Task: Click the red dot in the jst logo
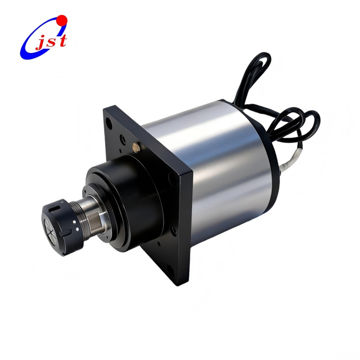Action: (x=62, y=21)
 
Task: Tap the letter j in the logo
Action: (x=40, y=43)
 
